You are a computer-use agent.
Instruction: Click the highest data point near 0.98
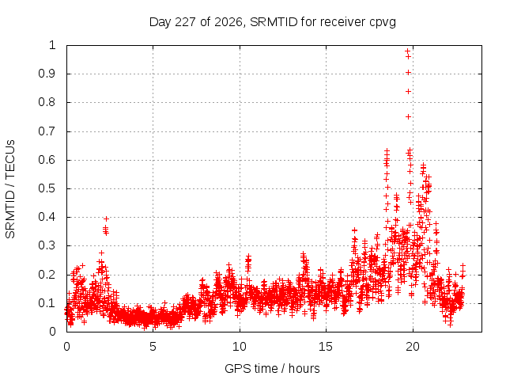pyautogui.click(x=408, y=51)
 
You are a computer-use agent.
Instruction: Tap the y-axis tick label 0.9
pyautogui.click(x=47, y=74)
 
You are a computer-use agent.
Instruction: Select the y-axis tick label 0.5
pyautogui.click(x=47, y=188)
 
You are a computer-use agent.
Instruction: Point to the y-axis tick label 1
pyautogui.click(x=52, y=45)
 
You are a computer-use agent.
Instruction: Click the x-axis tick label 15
pyautogui.click(x=326, y=347)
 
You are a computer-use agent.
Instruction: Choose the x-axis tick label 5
pyautogui.click(x=153, y=347)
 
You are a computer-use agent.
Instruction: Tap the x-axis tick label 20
pyautogui.click(x=413, y=347)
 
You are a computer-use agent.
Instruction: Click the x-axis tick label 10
pyautogui.click(x=240, y=347)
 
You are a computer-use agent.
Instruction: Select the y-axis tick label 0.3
pyautogui.click(x=47, y=245)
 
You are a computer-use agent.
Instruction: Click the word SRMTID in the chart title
pyautogui.click(x=274, y=22)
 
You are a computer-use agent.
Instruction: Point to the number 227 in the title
pyautogui.click(x=186, y=22)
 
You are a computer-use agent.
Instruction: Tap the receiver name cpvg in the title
pyautogui.click(x=382, y=23)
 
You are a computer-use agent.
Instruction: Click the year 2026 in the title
pyautogui.click(x=228, y=22)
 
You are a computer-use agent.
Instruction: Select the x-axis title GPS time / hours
pyautogui.click(x=272, y=369)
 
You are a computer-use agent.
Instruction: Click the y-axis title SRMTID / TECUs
pyautogui.click(x=10, y=189)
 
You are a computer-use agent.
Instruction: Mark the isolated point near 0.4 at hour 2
pyautogui.click(x=106, y=219)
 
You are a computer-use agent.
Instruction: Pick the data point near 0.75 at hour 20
pyautogui.click(x=408, y=116)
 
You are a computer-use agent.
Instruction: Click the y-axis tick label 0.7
pyautogui.click(x=47, y=131)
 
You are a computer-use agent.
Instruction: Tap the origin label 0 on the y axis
pyautogui.click(x=52, y=332)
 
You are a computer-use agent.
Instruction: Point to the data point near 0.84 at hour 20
pyautogui.click(x=408, y=92)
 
